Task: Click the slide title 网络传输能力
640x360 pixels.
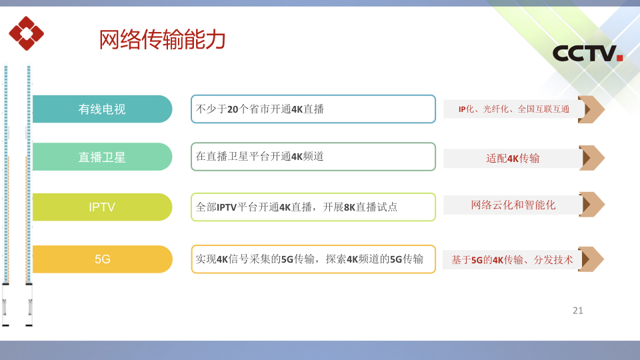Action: point(162,39)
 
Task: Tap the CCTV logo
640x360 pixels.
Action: point(587,53)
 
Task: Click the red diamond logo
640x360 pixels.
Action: point(26,33)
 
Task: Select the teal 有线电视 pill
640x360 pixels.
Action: point(102,109)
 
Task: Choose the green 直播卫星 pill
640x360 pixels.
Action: point(102,157)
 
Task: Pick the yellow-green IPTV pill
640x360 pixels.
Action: point(102,207)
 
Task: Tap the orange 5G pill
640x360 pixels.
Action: point(102,259)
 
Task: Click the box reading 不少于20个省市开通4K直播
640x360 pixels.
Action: point(313,109)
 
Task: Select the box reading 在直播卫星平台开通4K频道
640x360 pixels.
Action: point(313,157)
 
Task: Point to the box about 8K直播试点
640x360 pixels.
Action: point(313,207)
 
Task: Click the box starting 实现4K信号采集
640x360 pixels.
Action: point(313,259)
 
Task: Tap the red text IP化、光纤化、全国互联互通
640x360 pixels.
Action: point(513,109)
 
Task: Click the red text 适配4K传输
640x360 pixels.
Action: point(513,158)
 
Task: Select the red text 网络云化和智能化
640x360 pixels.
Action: point(513,205)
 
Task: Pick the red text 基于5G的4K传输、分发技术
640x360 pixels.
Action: point(512,259)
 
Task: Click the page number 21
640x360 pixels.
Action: point(577,311)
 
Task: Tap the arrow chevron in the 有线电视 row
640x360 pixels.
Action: point(591,109)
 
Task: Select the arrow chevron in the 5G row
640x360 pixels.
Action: point(591,259)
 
